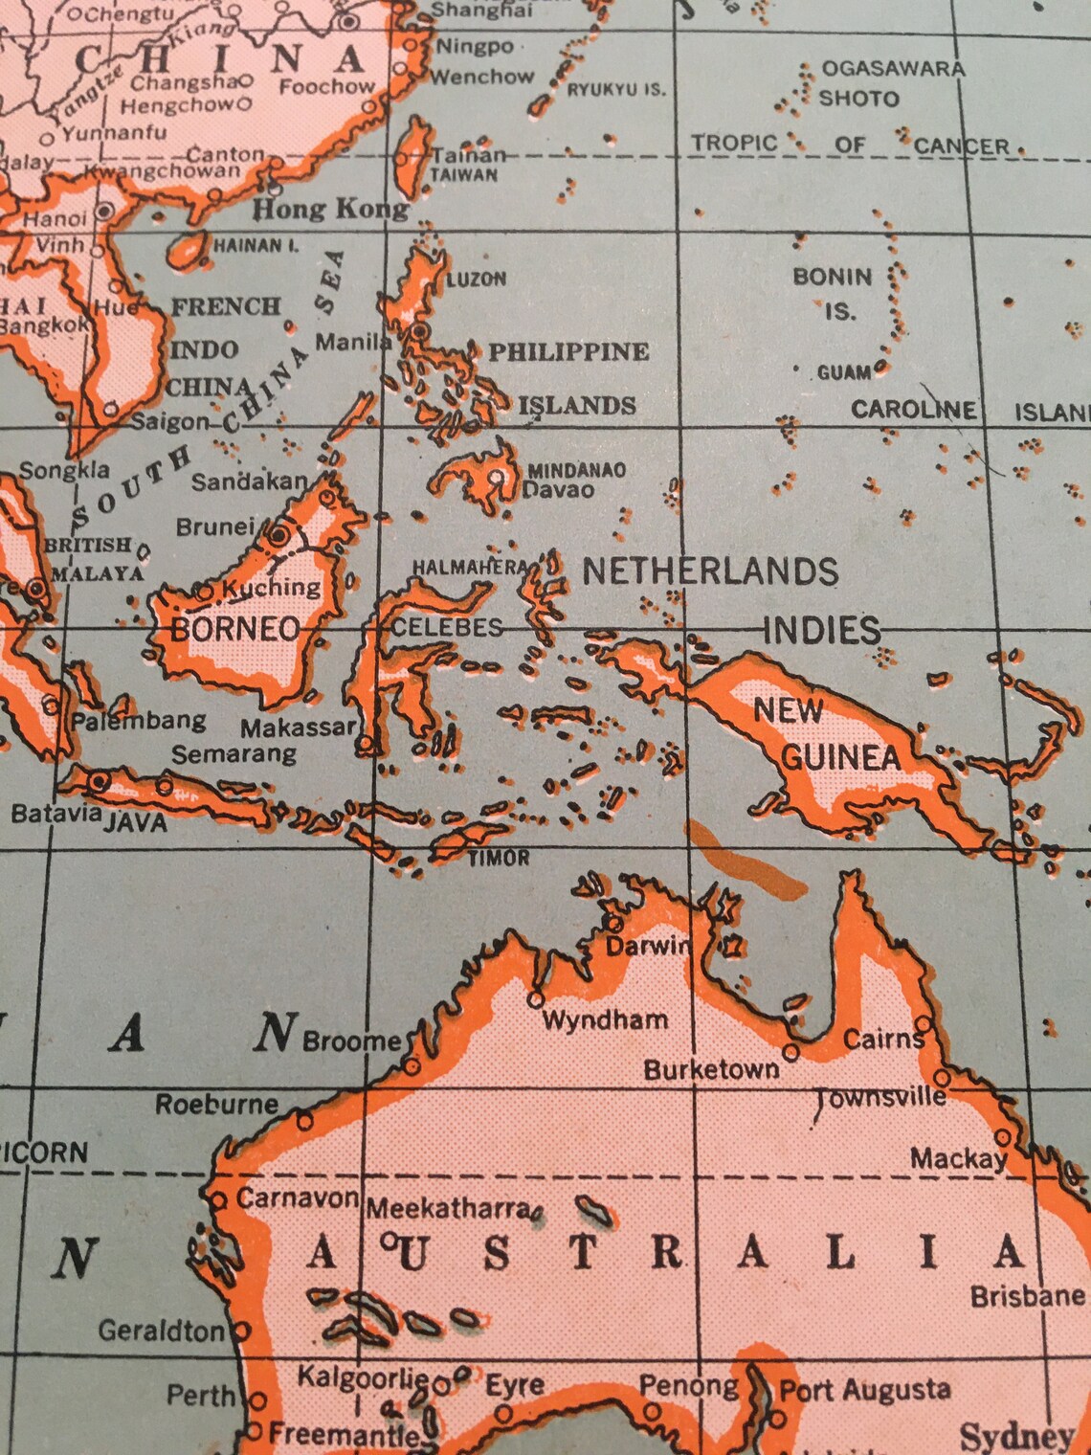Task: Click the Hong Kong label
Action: tap(330, 209)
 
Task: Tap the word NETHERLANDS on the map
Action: tap(710, 571)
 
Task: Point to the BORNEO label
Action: tap(235, 629)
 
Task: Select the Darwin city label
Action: tap(648, 946)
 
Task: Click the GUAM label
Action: tap(844, 372)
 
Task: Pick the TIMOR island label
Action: tap(499, 858)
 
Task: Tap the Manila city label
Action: tap(353, 342)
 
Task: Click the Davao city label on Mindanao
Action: tap(558, 490)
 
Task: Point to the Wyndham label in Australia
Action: tap(605, 1019)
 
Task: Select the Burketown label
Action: tap(711, 1069)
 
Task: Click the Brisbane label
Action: tap(1027, 1296)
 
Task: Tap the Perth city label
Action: tap(201, 1396)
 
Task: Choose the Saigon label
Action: tap(169, 421)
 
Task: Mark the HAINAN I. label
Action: tap(256, 246)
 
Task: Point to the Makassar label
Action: tap(298, 727)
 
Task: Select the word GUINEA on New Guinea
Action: tap(841, 758)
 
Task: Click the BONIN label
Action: tap(832, 277)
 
